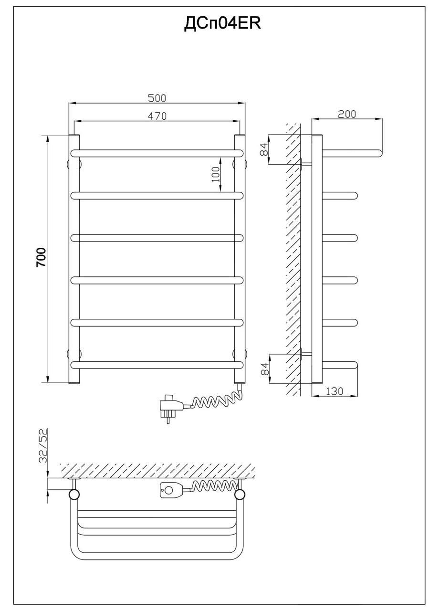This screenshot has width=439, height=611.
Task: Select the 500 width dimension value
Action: click(x=157, y=98)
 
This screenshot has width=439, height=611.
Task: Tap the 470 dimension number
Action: click(x=157, y=116)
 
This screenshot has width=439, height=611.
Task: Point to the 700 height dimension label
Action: click(x=42, y=257)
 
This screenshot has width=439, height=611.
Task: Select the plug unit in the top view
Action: click(x=171, y=489)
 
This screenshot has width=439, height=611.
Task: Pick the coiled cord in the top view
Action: click(x=213, y=487)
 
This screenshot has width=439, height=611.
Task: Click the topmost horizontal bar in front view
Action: click(x=157, y=153)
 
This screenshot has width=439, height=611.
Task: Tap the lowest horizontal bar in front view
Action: click(x=157, y=365)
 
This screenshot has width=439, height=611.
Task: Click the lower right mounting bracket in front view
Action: click(x=240, y=354)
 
